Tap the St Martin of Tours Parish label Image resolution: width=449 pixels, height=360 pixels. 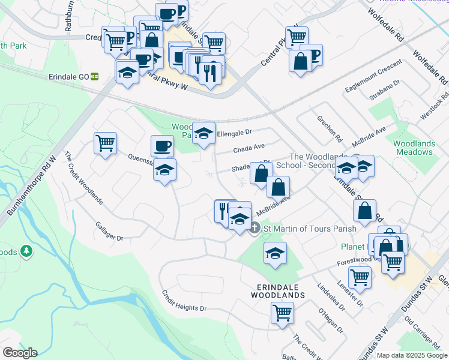[309, 229]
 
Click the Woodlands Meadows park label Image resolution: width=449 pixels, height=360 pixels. [414, 148]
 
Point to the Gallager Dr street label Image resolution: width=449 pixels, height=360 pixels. [109, 230]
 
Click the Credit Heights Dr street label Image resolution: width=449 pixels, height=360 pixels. [184, 301]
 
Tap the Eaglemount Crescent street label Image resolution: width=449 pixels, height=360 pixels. [373, 80]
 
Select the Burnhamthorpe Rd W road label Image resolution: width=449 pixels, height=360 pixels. [31, 186]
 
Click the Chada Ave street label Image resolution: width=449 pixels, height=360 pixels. [249, 146]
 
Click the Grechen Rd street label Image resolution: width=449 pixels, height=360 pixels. [329, 129]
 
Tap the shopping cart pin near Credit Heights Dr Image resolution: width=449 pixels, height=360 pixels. [282, 312]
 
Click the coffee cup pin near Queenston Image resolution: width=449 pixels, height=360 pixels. [162, 146]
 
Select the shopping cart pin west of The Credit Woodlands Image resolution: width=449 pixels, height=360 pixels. [105, 143]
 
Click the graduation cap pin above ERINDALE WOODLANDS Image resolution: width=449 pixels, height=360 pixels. [275, 253]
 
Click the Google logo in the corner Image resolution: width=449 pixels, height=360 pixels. [20, 353]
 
